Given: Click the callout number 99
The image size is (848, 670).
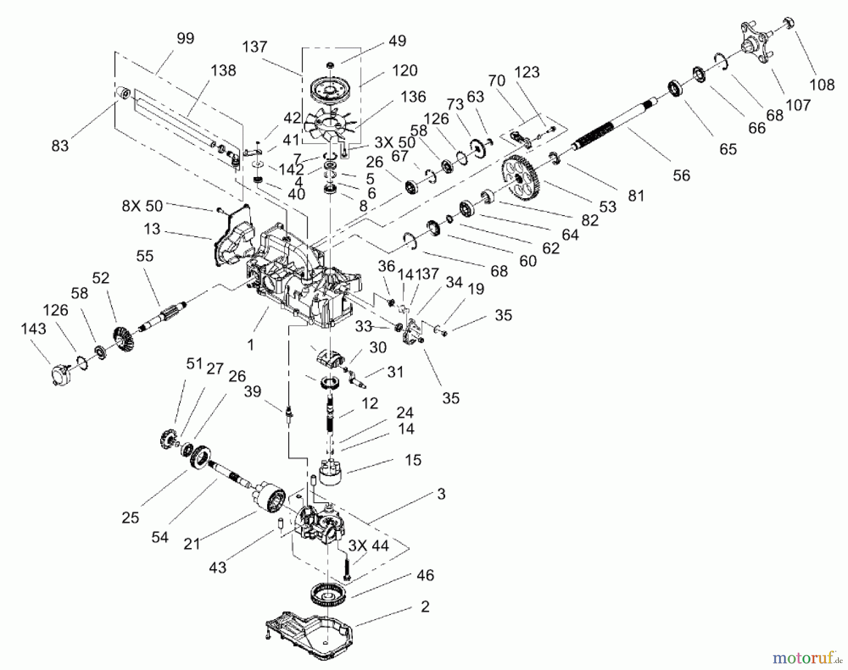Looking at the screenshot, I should click(x=185, y=38).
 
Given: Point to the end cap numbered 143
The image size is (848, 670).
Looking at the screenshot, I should click(x=61, y=375).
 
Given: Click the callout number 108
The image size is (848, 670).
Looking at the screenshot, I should click(x=822, y=85).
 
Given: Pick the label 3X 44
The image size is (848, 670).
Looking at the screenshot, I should click(x=368, y=545).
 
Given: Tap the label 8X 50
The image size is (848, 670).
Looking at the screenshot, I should click(x=142, y=206).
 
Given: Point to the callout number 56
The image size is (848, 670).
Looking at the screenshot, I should click(x=681, y=176).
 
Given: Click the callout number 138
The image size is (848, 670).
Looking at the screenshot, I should click(x=223, y=71).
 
